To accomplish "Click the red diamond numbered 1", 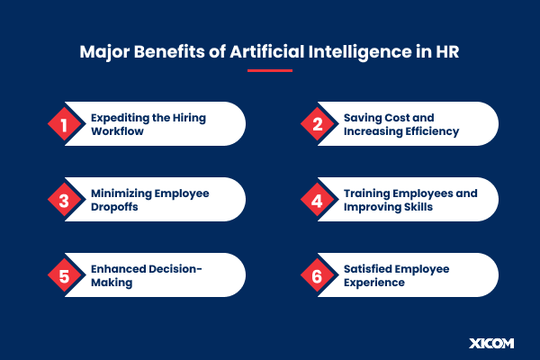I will point(64,124).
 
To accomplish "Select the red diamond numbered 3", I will point(64,200).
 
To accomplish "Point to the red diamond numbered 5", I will point(64,275).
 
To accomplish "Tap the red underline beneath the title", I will point(269,69).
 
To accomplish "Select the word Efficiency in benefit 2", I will point(429,131).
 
